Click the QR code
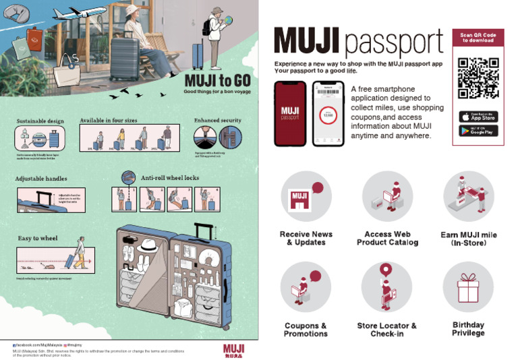pyautogui.click(x=478, y=78)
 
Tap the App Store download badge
pyautogui.click(x=478, y=116)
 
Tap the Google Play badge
pyautogui.click(x=478, y=131)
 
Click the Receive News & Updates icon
pyautogui.click(x=306, y=197)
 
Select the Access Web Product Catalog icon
pyautogui.click(x=386, y=197)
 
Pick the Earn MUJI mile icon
pyautogui.click(x=468, y=197)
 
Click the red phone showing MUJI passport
pyautogui.click(x=290, y=114)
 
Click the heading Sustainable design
pyautogui.click(x=40, y=121)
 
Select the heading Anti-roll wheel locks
pyautogui.click(x=170, y=178)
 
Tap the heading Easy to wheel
pyautogui.click(x=38, y=238)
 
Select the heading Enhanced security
pyautogui.click(x=217, y=120)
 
